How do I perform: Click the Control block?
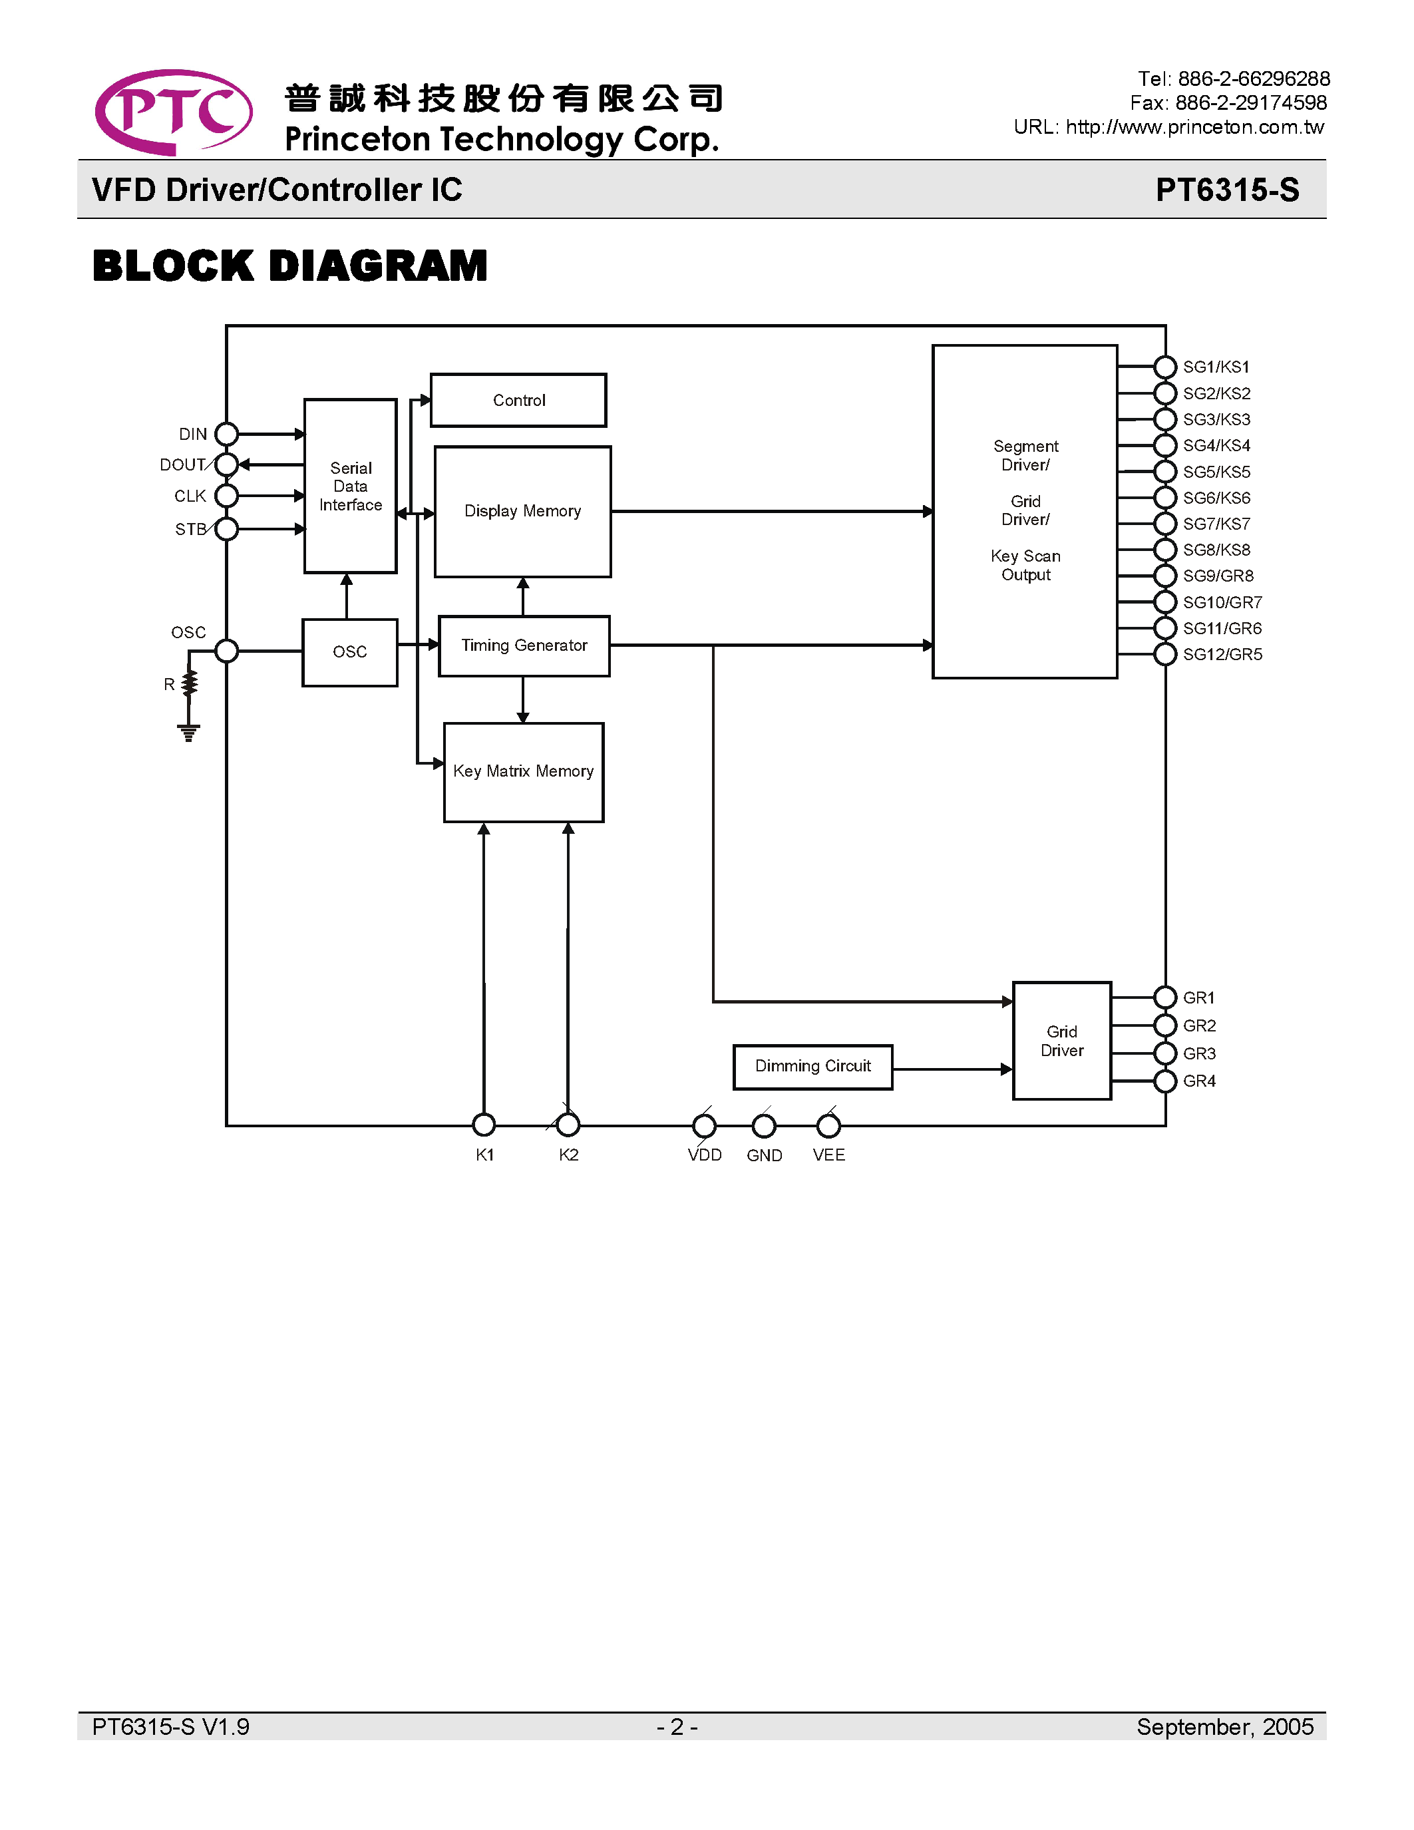(x=518, y=401)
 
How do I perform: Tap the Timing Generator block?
(x=524, y=645)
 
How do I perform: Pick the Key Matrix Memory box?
(x=523, y=772)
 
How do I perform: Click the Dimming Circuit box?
(x=812, y=1066)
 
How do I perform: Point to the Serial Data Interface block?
(x=350, y=486)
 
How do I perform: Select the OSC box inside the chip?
(x=349, y=652)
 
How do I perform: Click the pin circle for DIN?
(x=226, y=434)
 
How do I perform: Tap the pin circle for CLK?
(x=226, y=496)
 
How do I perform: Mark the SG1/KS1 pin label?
(x=1216, y=367)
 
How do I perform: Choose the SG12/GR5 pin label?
(x=1221, y=654)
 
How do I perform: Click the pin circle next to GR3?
(x=1164, y=1053)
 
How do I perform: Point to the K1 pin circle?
(x=483, y=1125)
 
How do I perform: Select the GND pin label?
(x=764, y=1155)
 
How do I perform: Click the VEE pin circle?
(x=828, y=1126)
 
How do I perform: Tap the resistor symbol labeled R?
(x=190, y=683)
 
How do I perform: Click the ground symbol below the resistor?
(x=188, y=733)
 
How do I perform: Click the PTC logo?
(x=174, y=112)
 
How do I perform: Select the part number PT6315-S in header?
(x=1226, y=190)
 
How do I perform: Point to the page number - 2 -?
(x=677, y=1727)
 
